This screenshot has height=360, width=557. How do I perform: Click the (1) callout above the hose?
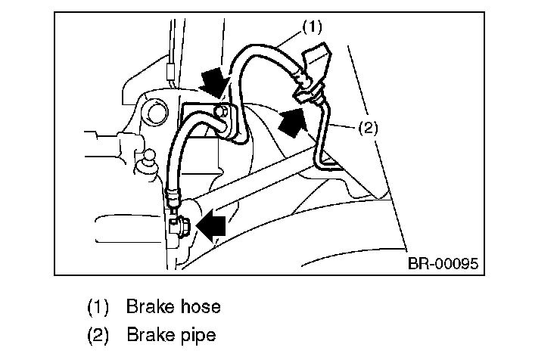click(x=311, y=26)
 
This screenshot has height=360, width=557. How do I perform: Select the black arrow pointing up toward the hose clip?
click(x=294, y=121)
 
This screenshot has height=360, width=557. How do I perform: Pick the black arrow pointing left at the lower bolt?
click(x=211, y=225)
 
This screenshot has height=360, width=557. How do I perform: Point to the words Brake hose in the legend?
click(x=173, y=307)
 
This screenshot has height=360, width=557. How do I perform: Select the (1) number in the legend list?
click(x=98, y=307)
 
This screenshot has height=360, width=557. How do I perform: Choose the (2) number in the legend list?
click(x=98, y=334)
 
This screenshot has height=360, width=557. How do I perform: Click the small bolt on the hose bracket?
click(x=220, y=113)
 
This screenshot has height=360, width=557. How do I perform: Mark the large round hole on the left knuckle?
click(x=157, y=114)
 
